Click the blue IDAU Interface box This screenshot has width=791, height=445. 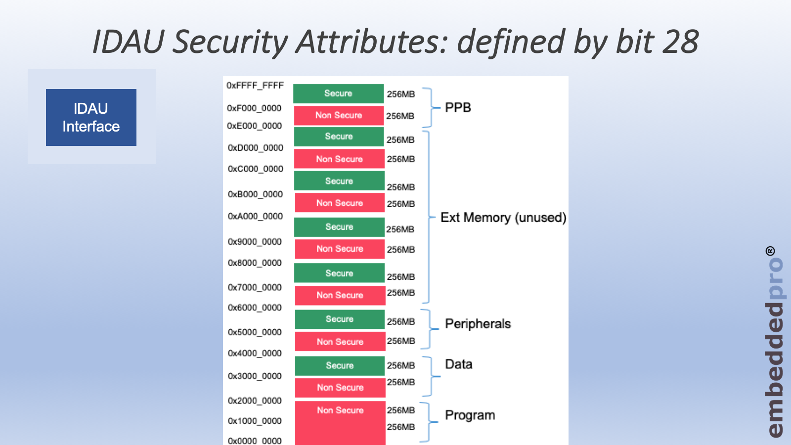91,117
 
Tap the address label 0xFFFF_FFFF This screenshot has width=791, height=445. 255,86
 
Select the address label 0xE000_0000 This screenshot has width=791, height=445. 254,126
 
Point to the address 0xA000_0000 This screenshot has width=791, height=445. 255,216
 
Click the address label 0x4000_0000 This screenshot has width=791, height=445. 255,353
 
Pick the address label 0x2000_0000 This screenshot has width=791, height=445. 255,400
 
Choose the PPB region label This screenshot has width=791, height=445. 458,107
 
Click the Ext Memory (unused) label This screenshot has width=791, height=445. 503,218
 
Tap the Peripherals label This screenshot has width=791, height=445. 478,324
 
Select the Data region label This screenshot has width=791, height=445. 458,364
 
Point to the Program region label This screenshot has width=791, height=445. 470,415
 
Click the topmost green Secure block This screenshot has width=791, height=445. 338,93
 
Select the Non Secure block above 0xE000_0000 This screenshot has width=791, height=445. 339,116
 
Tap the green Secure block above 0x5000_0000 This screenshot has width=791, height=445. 340,319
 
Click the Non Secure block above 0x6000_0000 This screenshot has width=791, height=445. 340,295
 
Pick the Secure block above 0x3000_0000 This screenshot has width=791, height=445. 340,365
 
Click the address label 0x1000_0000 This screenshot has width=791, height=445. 255,421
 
